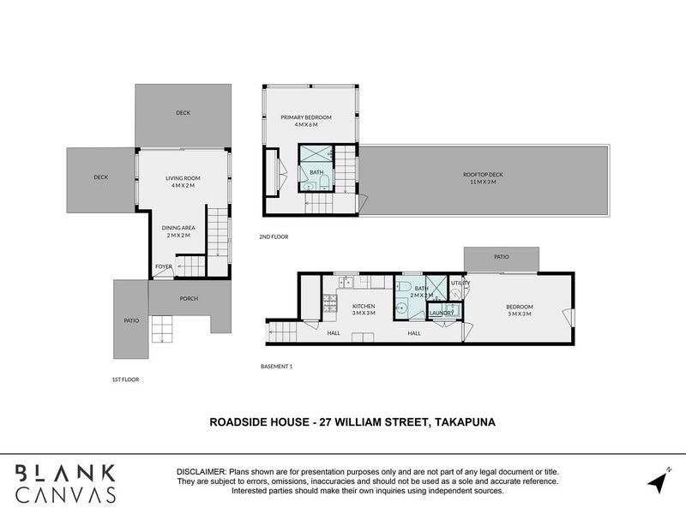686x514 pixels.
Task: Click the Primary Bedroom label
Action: (306, 117)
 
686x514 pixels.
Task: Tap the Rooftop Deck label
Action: (483, 175)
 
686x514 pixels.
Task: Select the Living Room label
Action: (183, 178)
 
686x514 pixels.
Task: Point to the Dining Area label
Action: (178, 228)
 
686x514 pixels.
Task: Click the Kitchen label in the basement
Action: (364, 306)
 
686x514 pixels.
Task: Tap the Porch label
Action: (189, 298)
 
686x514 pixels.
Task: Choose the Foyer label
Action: (164, 266)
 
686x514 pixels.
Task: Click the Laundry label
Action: (442, 313)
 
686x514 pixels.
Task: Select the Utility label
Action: (460, 283)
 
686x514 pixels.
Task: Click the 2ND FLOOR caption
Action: (274, 237)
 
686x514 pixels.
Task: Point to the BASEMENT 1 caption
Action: (276, 367)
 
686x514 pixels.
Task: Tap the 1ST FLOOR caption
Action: (125, 380)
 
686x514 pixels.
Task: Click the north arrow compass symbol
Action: (659, 481)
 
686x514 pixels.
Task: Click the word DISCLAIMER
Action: (202, 472)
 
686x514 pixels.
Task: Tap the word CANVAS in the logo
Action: (66, 495)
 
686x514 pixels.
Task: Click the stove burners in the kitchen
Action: (330, 303)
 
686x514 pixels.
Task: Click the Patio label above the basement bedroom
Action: (502, 256)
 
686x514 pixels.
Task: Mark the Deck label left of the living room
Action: (100, 177)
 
